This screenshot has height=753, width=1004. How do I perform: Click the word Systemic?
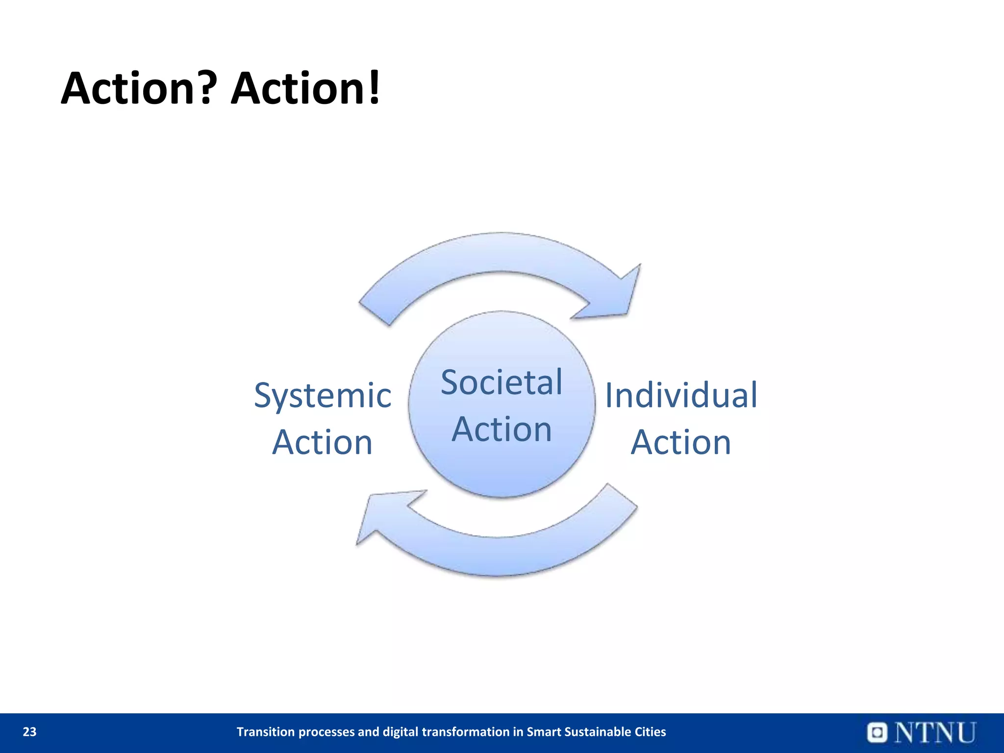tap(323, 396)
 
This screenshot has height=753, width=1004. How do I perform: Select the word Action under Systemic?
tap(323, 443)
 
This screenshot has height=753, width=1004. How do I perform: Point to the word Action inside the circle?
tap(502, 429)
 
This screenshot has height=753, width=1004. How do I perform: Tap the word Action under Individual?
tap(681, 443)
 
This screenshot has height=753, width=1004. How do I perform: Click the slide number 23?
tap(29, 732)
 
